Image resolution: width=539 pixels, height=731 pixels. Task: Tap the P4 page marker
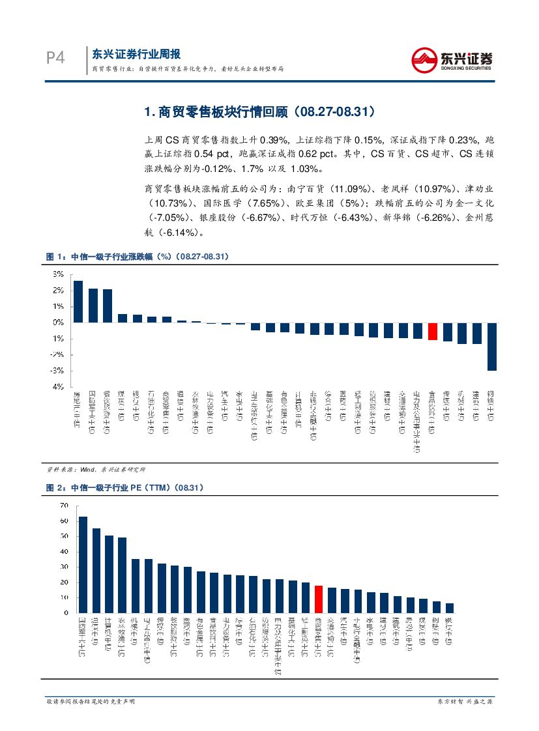tap(55, 59)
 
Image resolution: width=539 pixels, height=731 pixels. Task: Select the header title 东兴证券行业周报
tap(136, 54)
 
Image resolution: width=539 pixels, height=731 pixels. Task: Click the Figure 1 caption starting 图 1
tap(137, 257)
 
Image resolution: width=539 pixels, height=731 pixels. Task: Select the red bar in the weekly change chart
tap(432, 331)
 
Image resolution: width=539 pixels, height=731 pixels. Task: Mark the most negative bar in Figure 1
tap(492, 346)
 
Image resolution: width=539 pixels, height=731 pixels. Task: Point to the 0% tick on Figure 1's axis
tap(58, 322)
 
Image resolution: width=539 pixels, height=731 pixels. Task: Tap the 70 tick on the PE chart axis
tap(63, 506)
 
